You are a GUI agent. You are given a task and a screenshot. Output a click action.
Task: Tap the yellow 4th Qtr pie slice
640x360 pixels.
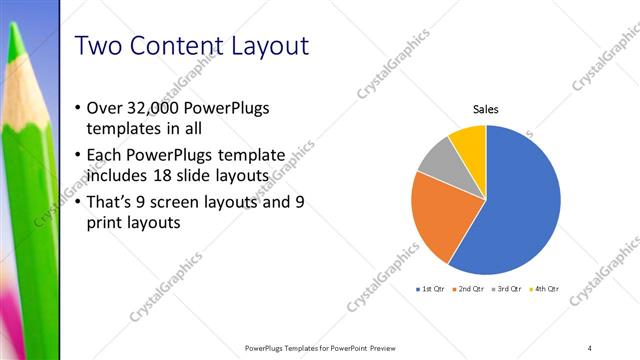pos(469,141)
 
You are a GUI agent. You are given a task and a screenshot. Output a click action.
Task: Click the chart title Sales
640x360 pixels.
pos(485,110)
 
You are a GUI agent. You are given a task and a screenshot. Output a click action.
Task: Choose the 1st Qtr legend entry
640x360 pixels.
pos(432,289)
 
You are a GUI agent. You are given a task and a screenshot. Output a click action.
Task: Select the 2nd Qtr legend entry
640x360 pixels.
pos(473,289)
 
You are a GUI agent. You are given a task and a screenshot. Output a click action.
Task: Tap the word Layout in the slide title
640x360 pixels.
pos(265,46)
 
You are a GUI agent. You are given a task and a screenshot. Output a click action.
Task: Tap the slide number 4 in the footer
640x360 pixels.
pos(590,347)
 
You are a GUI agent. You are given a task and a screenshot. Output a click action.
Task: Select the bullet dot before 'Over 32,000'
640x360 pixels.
pos(79,108)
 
